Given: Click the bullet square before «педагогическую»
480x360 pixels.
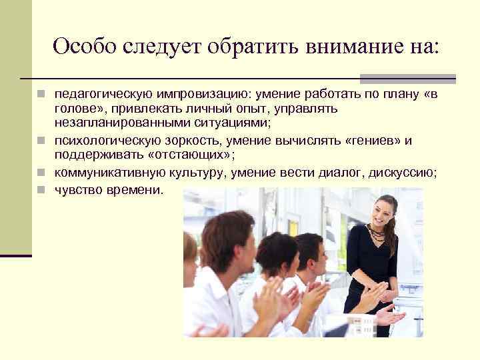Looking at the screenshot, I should tap(41, 95).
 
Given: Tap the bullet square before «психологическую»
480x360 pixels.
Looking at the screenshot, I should tap(41, 140).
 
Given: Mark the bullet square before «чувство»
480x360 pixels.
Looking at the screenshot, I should tap(41, 190).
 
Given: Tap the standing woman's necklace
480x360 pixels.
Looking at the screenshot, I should tap(377, 233).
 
